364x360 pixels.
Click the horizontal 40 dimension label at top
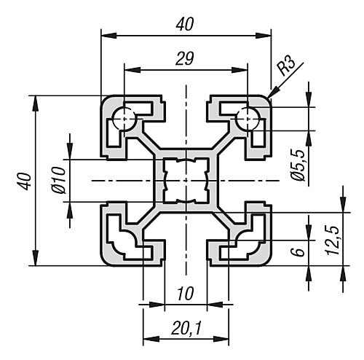pos(185,25)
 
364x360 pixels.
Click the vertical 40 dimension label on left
pos(25,181)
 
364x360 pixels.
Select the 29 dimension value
pos(185,59)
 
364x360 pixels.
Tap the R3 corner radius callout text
pos(287,66)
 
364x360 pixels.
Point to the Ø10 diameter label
pos(60,181)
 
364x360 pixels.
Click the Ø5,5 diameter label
pos(298,165)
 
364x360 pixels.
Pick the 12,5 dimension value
pos(333,240)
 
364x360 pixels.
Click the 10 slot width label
pos(186,294)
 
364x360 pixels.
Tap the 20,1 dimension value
pos(186,329)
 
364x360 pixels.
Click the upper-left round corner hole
pos(124,119)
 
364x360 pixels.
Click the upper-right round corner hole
pos(248,119)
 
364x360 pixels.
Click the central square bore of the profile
pos(186,181)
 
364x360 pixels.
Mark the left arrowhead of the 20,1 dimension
pos(151,339)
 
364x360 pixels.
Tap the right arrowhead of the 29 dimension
pos(240,70)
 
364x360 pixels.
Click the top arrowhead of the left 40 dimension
pos(36,104)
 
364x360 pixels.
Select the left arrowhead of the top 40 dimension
pos(109,36)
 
